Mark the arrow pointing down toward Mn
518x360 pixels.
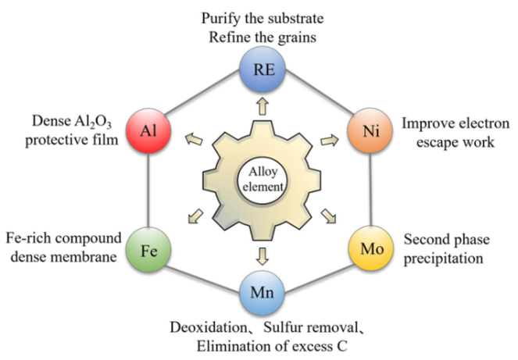point(260,255)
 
